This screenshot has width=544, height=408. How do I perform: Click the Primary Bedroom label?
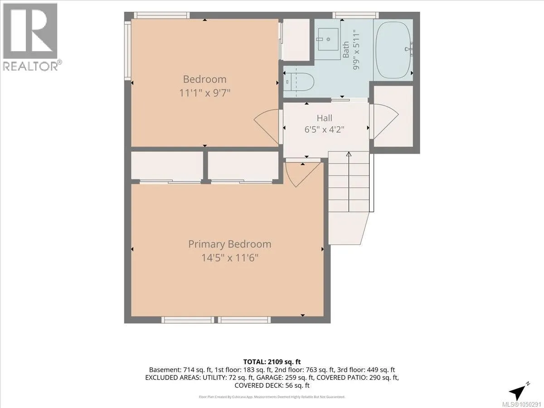coord(230,244)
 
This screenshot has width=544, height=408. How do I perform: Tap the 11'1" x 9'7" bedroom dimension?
coord(205,93)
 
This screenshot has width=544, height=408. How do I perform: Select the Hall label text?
coord(325,118)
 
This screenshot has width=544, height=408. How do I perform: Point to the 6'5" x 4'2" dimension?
coord(325,129)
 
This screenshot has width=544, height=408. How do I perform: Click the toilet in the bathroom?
coord(299,82)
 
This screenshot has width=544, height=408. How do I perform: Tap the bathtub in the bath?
coord(393,47)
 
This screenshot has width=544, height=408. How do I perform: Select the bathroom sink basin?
coord(328,39)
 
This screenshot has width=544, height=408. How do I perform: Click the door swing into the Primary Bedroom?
coord(303,174)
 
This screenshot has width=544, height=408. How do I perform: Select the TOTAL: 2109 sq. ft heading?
coord(272,362)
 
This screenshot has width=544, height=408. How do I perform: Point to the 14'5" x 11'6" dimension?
coord(230,258)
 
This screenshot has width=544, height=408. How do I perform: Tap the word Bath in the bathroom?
coord(345,50)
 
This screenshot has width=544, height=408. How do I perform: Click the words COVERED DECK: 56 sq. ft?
coord(272,385)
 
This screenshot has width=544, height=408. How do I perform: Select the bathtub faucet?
coord(409,48)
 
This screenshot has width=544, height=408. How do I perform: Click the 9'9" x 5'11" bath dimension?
coord(356,50)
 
